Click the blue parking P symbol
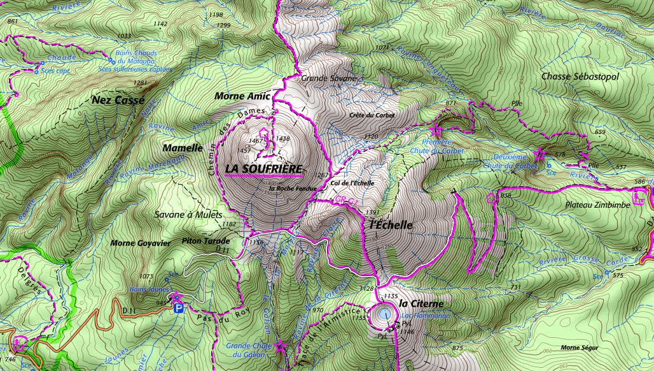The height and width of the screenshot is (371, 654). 179,308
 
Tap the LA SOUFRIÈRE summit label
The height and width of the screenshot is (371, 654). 263,168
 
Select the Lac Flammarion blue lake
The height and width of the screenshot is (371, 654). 383,314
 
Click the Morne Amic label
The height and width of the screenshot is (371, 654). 242,96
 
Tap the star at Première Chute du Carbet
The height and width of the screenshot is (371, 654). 436,130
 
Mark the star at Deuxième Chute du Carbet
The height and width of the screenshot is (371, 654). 540,153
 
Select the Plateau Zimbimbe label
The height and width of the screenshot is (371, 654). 597,205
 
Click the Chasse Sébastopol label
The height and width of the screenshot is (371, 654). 580,76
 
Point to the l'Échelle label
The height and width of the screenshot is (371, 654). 391,225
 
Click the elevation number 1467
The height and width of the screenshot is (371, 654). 256,140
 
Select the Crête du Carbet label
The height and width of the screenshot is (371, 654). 372,115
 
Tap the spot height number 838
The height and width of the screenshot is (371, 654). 506,196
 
